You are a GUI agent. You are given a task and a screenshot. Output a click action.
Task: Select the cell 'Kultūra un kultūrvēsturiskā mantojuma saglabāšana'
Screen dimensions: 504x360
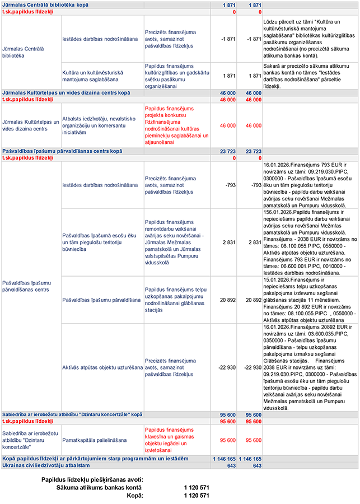92,76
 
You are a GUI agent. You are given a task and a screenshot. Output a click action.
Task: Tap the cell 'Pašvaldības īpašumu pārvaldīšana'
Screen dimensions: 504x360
101,300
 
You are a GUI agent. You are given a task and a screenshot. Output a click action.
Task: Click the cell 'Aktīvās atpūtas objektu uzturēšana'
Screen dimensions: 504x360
102,367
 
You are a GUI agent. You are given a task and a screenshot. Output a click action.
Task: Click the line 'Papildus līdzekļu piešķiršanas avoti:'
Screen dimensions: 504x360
92,480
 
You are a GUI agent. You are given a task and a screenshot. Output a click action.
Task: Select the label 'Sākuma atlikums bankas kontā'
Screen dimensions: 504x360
99,488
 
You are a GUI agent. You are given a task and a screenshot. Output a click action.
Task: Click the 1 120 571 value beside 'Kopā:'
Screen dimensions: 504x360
196,496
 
